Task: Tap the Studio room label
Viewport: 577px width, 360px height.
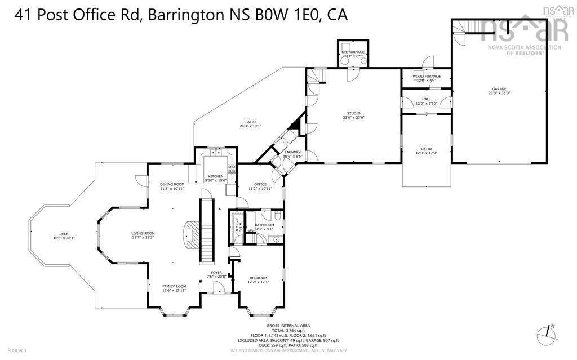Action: (354, 115)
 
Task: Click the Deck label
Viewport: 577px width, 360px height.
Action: (64, 236)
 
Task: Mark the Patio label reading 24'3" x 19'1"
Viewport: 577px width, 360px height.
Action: (250, 123)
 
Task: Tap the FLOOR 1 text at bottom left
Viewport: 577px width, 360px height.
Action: (17, 350)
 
